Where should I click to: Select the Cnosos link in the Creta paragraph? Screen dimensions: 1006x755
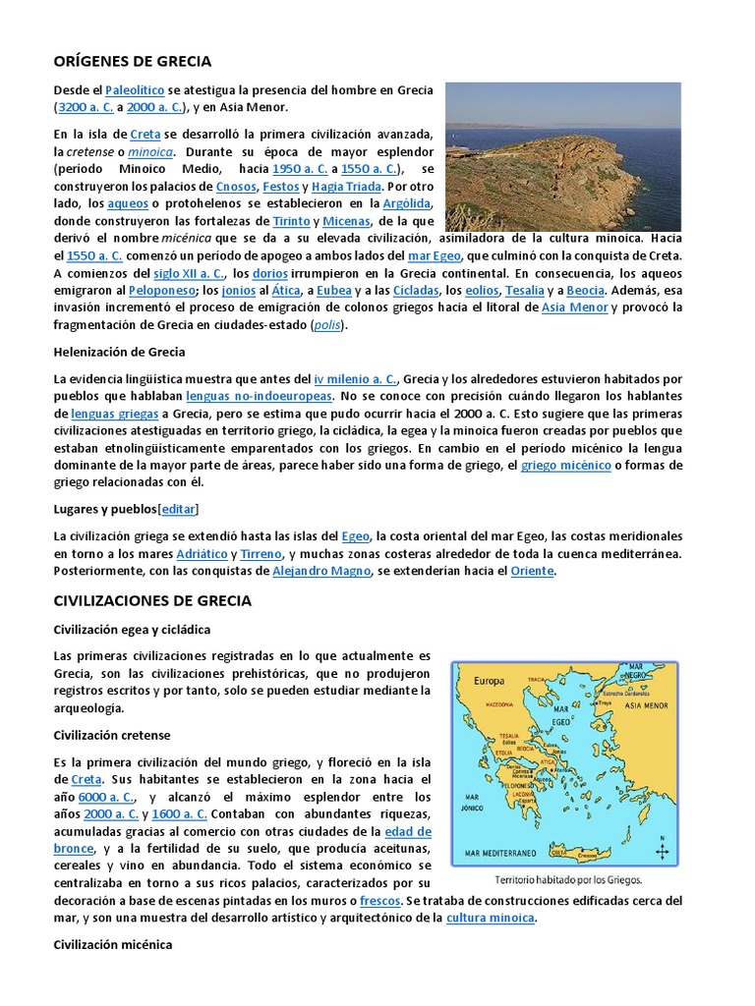tap(236, 186)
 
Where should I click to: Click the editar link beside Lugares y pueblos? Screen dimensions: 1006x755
tap(178, 509)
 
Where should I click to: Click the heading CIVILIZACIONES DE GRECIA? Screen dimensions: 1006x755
tap(152, 600)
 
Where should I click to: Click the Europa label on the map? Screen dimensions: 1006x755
tap(490, 680)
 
